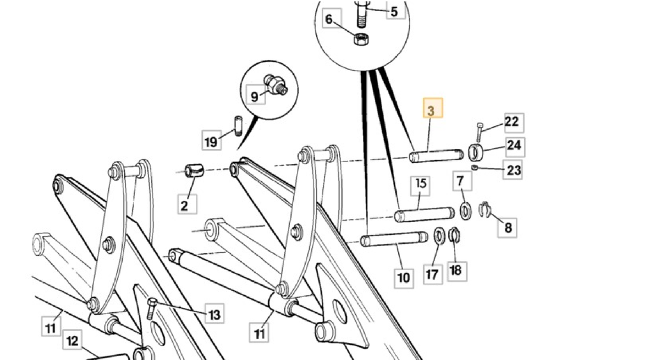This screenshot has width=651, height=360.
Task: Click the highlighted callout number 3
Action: [432, 111]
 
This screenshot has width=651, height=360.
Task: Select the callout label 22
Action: [512, 122]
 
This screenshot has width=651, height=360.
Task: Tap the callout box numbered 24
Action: [514, 145]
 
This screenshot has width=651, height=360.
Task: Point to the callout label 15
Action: [421, 185]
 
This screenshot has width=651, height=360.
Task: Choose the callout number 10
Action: [404, 277]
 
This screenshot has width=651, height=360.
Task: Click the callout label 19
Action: [212, 141]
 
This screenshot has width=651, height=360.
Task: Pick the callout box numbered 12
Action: [72, 341]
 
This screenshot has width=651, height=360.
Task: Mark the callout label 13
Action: [214, 314]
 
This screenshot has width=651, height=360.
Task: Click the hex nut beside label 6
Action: [359, 39]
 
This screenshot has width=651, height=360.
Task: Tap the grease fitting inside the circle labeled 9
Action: [277, 85]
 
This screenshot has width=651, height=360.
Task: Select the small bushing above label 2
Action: [193, 170]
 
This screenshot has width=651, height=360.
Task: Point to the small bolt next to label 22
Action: [479, 132]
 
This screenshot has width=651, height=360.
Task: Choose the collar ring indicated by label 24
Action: [477, 153]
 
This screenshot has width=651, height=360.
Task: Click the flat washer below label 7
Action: [465, 210]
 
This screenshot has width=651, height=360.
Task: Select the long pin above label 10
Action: [394, 240]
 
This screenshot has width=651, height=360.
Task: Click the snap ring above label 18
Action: [455, 236]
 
